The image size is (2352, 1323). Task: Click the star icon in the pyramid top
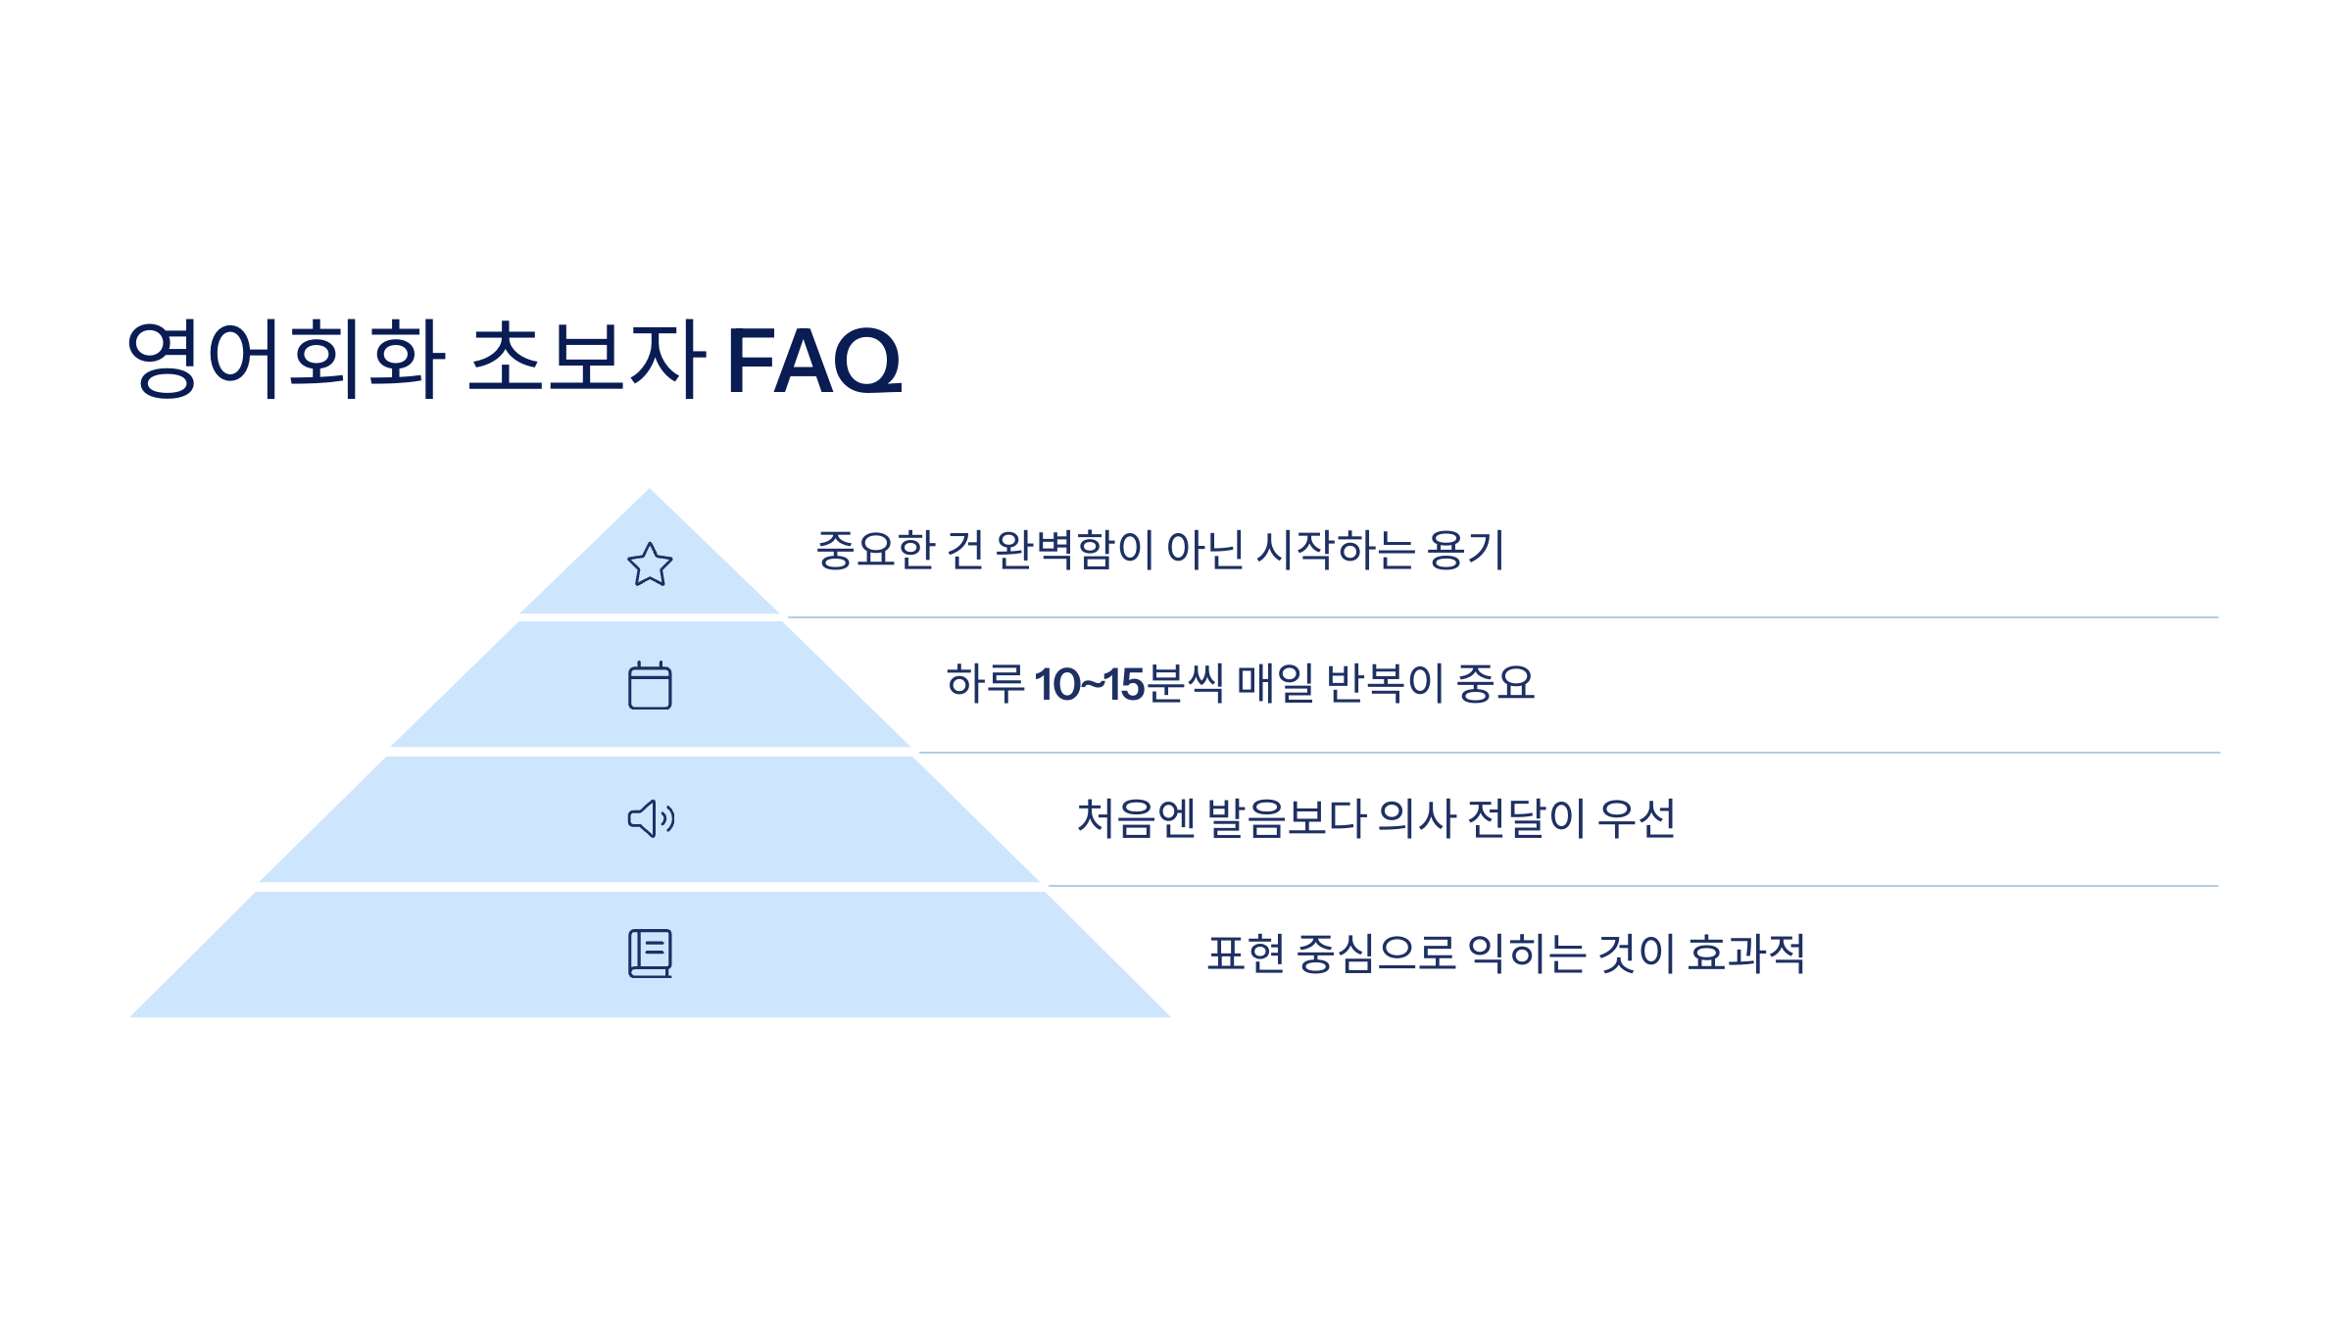click(650, 564)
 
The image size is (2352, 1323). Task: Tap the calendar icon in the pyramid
click(650, 685)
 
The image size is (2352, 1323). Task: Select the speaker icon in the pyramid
click(651, 818)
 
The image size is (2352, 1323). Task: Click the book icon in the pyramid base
click(650, 954)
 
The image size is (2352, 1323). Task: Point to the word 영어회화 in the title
click(286, 359)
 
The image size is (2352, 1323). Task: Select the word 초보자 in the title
click(586, 359)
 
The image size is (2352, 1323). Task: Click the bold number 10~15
click(1089, 684)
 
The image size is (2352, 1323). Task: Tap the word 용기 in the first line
click(1465, 550)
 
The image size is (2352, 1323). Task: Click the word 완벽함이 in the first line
click(1075, 550)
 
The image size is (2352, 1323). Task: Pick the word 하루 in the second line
click(985, 683)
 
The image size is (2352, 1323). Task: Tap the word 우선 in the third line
click(1637, 818)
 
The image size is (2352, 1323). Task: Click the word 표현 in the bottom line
click(1246, 954)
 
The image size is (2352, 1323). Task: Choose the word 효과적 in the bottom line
click(1746, 954)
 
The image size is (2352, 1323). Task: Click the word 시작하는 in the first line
click(1336, 550)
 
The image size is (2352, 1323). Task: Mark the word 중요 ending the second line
click(1495, 683)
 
